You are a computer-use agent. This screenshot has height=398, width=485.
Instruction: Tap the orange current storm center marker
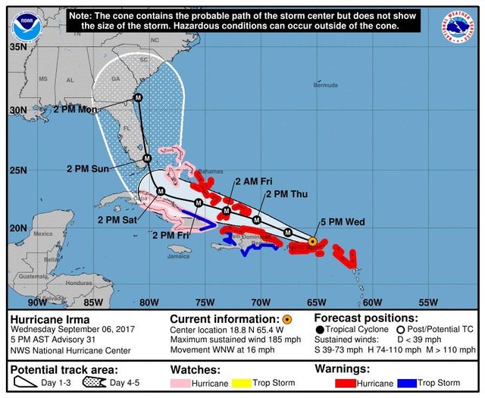(x=313, y=241)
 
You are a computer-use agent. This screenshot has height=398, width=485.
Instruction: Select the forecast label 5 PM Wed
(x=342, y=222)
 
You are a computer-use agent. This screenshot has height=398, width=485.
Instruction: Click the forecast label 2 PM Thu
(x=286, y=195)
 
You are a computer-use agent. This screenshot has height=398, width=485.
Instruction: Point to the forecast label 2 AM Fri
(x=253, y=182)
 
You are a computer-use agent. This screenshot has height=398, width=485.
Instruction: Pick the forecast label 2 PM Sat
(x=117, y=220)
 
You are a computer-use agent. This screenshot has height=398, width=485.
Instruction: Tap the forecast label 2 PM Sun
(x=88, y=168)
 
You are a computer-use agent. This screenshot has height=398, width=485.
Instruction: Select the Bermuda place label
(x=325, y=85)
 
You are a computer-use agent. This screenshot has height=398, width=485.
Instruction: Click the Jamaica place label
(x=179, y=256)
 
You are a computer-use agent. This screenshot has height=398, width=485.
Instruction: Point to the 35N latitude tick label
(x=17, y=46)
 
